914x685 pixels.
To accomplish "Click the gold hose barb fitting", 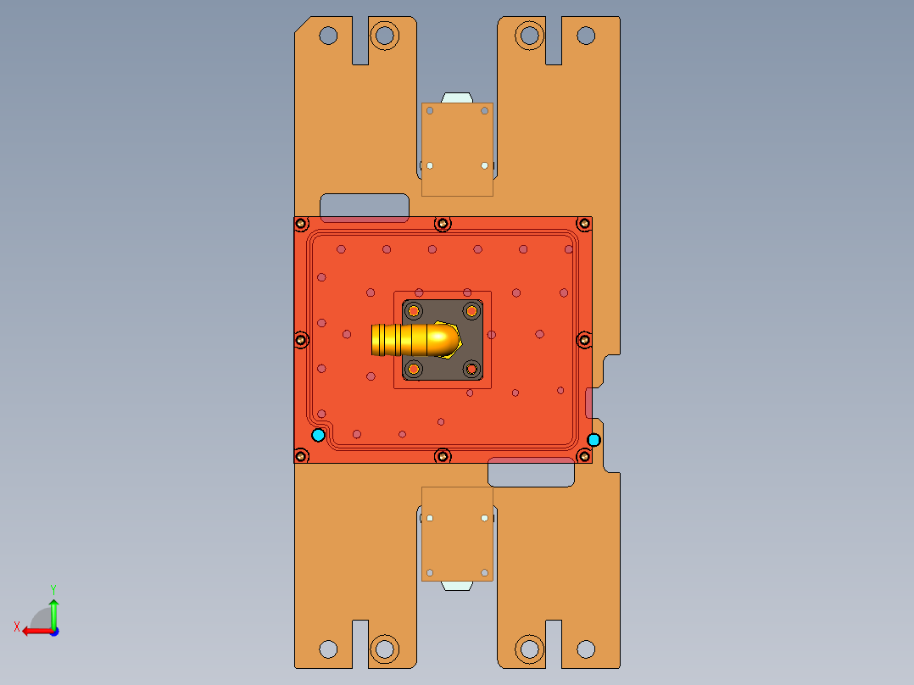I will click(414, 339).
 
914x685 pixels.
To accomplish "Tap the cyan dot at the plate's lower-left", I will click(318, 435).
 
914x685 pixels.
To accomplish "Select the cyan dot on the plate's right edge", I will click(594, 439).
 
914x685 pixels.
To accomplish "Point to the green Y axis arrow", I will click(53, 609).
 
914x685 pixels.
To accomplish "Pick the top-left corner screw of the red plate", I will click(301, 224).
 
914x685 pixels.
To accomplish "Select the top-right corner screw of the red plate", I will click(584, 224).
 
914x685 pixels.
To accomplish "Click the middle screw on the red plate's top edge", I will click(442, 224).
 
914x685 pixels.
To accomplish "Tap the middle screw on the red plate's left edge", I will click(301, 340).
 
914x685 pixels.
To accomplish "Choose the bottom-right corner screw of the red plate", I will click(584, 456).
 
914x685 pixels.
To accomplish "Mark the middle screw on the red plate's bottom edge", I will click(442, 456).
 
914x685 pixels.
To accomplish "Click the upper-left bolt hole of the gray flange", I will click(414, 311).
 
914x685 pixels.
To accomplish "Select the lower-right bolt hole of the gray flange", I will click(471, 369).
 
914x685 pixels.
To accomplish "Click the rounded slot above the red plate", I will click(365, 206).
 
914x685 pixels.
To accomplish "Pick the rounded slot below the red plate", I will click(532, 474).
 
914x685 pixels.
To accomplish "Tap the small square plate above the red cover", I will click(457, 149).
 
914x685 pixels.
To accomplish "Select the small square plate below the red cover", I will click(457, 533).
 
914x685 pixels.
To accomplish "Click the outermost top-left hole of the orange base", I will click(328, 36).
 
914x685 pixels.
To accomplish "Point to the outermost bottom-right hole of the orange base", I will click(586, 649).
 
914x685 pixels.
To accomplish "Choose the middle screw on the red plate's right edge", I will click(584, 340).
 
